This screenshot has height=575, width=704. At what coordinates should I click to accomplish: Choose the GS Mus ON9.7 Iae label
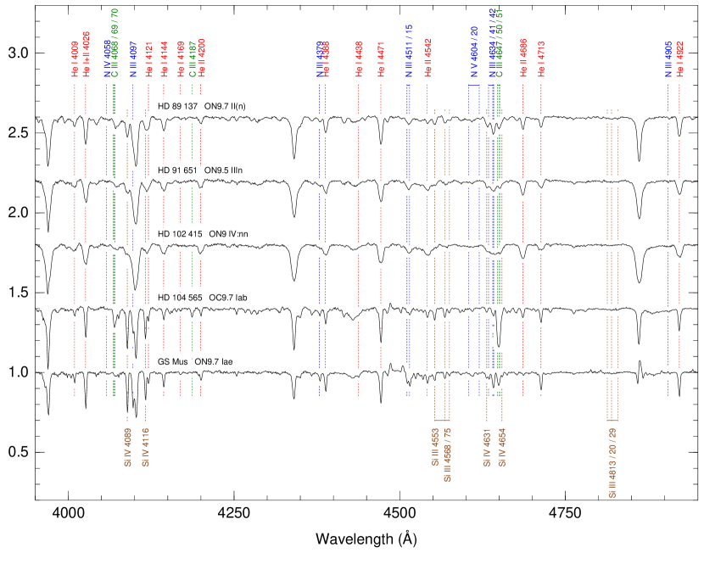pyautogui.click(x=193, y=362)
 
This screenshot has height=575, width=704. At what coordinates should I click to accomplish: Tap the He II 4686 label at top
pyautogui.click(x=523, y=59)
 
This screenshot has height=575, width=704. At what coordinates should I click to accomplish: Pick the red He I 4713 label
pyautogui.click(x=541, y=59)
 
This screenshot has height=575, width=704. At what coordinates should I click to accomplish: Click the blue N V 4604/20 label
pyautogui.click(x=474, y=52)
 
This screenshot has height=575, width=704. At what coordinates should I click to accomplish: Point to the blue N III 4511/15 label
pyautogui.click(x=408, y=52)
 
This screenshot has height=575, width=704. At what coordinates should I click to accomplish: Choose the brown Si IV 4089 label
pyautogui.click(x=127, y=447)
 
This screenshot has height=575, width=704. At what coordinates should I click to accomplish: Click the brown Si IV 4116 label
pyautogui.click(x=145, y=447)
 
